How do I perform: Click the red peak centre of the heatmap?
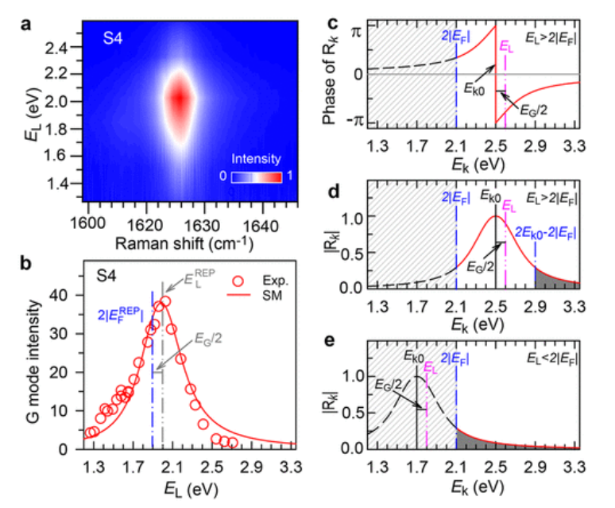point(180,99)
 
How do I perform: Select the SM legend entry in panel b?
point(263,297)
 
